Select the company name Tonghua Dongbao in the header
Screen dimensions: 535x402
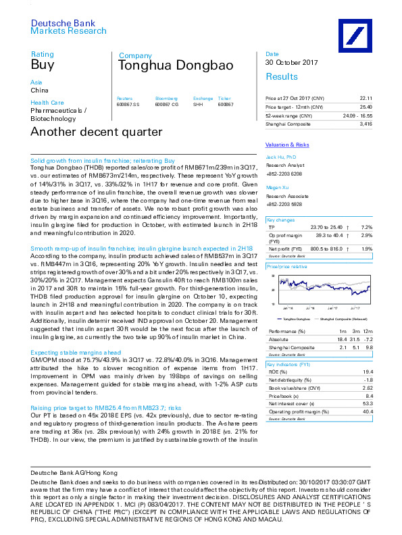176,66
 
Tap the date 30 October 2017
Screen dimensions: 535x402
291,63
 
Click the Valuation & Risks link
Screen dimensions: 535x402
287,145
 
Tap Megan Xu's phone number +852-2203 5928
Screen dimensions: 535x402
284,203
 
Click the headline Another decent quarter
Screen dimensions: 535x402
96,132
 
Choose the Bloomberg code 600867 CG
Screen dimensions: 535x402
166,105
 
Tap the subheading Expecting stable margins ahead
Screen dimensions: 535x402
76,353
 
